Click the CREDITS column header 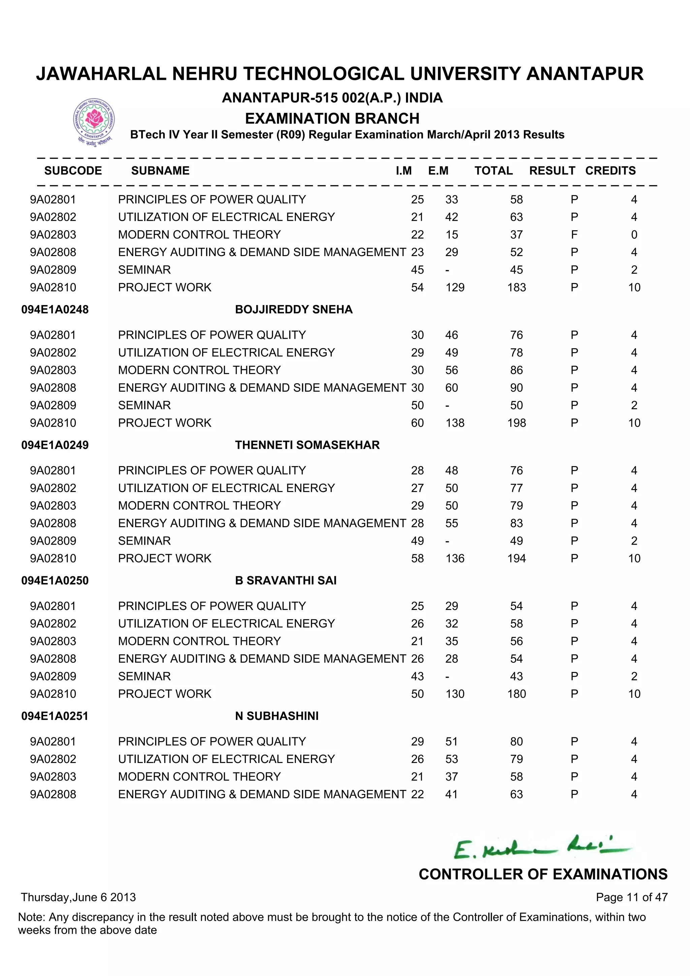pos(610,171)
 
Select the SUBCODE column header pos(73,171)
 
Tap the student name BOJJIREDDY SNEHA pos(293,309)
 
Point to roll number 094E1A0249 pos(55,445)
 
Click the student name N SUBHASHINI pos(277,716)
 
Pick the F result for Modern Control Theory pos(574,235)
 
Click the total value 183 pos(516,287)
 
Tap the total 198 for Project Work pos(516,423)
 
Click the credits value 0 pos(634,235)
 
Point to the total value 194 pos(516,558)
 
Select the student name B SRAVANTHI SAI pos(285,580)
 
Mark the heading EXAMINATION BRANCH pos(332,118)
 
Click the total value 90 pos(516,388)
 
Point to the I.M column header pos(404,171)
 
